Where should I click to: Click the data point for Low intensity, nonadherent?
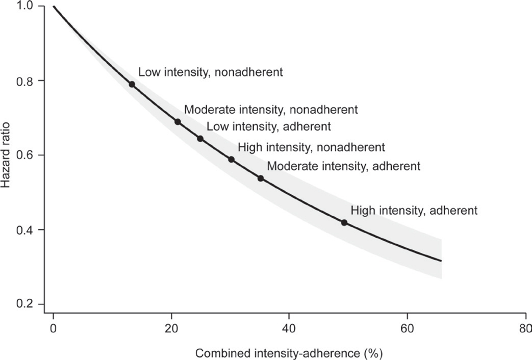pos(132,84)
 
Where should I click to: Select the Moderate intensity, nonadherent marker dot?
pos(178,121)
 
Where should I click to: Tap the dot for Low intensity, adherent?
pos(200,139)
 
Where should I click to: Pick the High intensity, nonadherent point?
pos(231,159)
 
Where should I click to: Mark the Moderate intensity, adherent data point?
pos(261,178)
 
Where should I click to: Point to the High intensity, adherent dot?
pos(344,222)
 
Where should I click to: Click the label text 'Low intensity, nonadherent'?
pos(210,72)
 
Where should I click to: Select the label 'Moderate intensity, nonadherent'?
pos(271,109)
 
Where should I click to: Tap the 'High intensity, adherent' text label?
pos(414,210)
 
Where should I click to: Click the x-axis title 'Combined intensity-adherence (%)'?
pos(289,352)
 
